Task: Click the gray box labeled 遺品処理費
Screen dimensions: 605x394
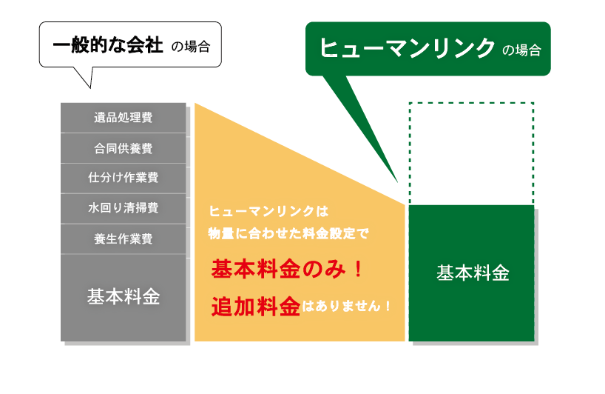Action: pyautogui.click(x=124, y=118)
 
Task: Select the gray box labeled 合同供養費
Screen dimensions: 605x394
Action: pyautogui.click(x=124, y=148)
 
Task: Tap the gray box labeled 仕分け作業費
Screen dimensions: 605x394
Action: pyautogui.click(x=124, y=178)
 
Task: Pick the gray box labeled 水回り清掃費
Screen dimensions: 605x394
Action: pyautogui.click(x=124, y=209)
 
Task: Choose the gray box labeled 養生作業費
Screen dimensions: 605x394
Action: pyautogui.click(x=124, y=239)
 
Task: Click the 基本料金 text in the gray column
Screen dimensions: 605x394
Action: pyautogui.click(x=124, y=297)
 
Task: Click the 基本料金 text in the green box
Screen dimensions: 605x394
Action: pyautogui.click(x=473, y=273)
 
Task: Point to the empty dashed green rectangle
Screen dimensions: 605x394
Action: pyautogui.click(x=471, y=103)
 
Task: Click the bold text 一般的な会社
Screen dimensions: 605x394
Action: pyautogui.click(x=108, y=45)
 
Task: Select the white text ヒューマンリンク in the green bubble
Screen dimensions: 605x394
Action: pyautogui.click(x=407, y=48)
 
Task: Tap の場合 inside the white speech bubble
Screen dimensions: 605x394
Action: pyautogui.click(x=191, y=47)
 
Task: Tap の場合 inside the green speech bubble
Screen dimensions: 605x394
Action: pyautogui.click(x=521, y=50)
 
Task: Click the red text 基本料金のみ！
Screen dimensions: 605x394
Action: pyautogui.click(x=287, y=270)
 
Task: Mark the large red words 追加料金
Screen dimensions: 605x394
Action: pyautogui.click(x=256, y=307)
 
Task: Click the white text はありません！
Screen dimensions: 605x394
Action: pyautogui.click(x=346, y=307)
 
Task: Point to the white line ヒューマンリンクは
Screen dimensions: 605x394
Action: pyautogui.click(x=268, y=211)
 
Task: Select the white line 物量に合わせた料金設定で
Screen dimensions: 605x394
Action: pyautogui.click(x=288, y=233)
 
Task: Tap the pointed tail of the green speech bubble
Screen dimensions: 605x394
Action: pyautogui.click(x=397, y=181)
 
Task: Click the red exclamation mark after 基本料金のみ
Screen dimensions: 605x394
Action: pyautogui.click(x=359, y=270)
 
